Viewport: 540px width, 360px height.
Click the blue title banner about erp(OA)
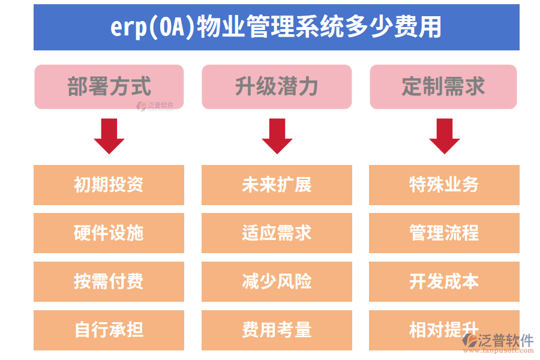coord(276,28)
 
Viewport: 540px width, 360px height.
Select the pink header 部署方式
coord(109,86)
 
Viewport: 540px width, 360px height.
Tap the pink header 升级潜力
coord(277,86)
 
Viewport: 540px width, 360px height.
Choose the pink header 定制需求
coord(443,86)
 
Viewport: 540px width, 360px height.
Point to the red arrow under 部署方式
coord(109,136)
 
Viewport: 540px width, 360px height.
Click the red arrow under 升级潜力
coord(277,136)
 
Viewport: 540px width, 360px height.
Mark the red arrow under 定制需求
coord(444,136)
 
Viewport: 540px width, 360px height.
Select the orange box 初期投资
coord(109,185)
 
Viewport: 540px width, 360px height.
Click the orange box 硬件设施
coord(109,233)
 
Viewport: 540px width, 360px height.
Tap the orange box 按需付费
coord(109,281)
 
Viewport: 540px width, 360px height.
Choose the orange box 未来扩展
coord(277,185)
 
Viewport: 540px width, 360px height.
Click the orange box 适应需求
coord(277,233)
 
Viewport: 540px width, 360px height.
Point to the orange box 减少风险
coord(277,281)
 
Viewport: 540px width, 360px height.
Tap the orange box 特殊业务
coord(444,185)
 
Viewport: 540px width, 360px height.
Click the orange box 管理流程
coord(444,233)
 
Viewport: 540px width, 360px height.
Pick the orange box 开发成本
coord(444,281)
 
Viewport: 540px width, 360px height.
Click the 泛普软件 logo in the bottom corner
coord(498,343)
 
